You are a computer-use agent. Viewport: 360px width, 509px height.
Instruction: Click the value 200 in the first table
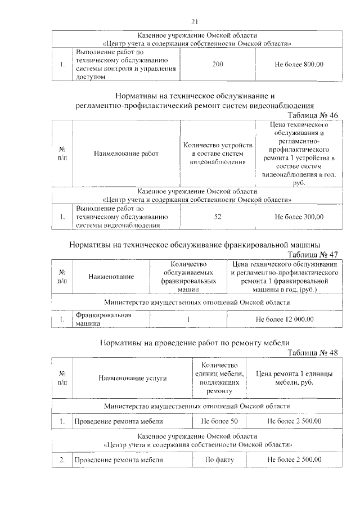point(218,65)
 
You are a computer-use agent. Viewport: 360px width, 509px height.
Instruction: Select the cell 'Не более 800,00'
point(299,65)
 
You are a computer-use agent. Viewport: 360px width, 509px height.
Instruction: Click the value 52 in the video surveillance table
point(218,217)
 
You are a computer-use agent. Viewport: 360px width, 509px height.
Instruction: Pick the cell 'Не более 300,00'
point(299,217)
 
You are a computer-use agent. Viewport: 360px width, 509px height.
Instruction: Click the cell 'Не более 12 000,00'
point(285,319)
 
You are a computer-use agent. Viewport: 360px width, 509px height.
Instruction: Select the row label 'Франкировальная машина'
point(103,319)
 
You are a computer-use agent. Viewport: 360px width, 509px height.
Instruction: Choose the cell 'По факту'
point(219,460)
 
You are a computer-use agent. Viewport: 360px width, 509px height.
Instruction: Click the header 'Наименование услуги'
point(133,379)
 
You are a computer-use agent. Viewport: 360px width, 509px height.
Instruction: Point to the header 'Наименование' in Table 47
point(110,277)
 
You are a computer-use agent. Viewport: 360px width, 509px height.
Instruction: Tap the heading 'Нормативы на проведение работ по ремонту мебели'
point(195,343)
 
